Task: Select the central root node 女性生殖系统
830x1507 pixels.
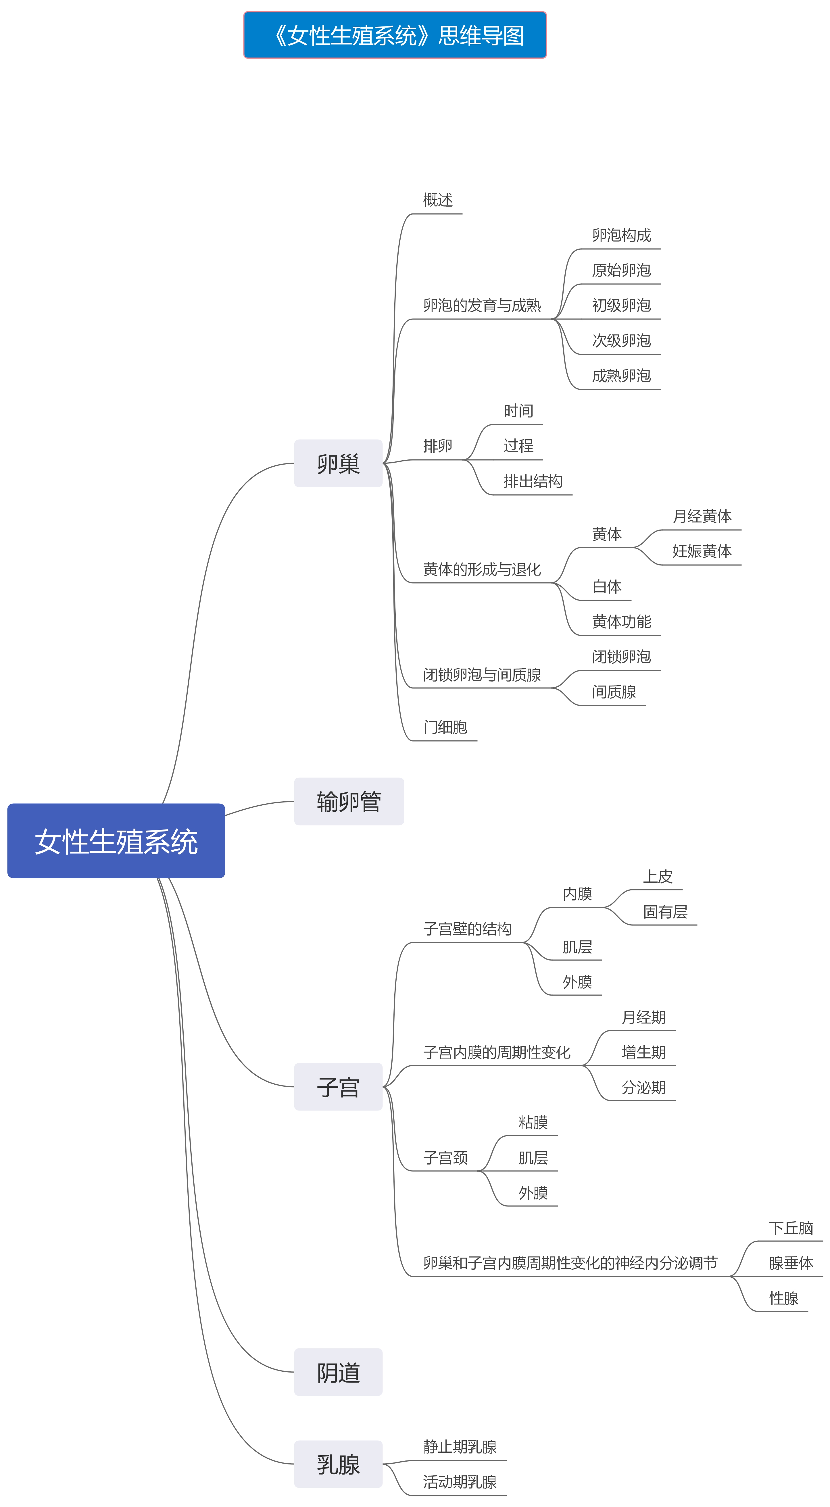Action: (x=116, y=841)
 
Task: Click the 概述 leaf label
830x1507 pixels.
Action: (x=438, y=200)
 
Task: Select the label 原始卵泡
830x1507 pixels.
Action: (x=621, y=270)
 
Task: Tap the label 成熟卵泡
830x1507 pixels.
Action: (x=621, y=376)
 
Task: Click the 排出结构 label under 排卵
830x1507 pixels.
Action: (x=533, y=481)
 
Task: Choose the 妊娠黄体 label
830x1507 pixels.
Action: (x=702, y=551)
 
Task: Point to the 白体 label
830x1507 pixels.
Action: (x=606, y=586)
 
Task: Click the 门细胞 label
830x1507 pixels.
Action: (x=445, y=727)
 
